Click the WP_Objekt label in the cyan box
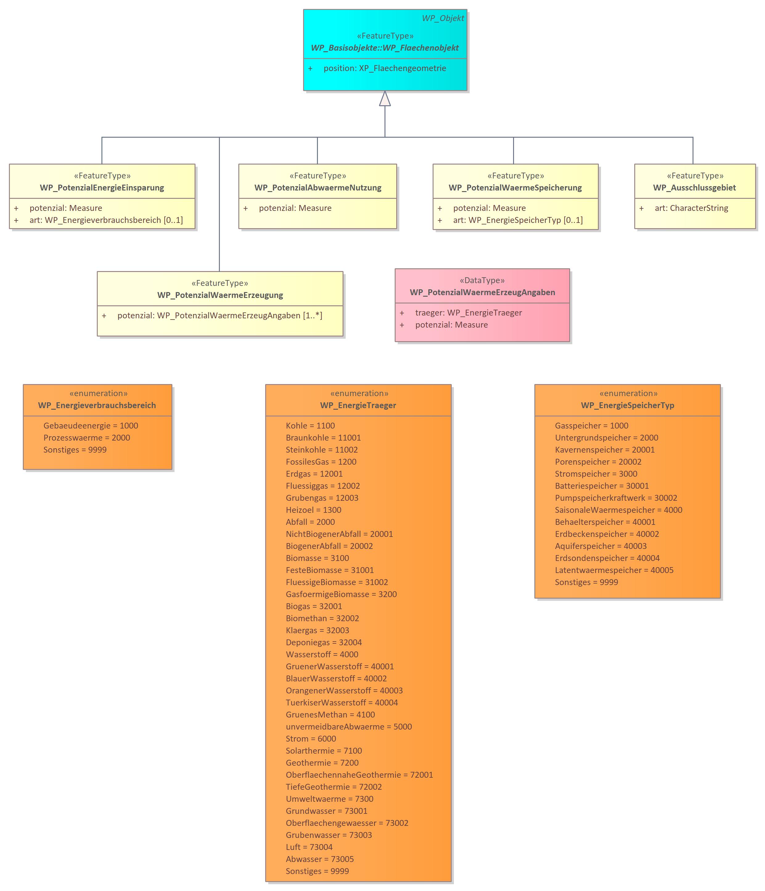(x=442, y=18)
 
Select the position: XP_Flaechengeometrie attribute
(x=385, y=68)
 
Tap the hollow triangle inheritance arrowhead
(x=385, y=98)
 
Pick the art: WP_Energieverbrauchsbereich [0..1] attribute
(x=106, y=220)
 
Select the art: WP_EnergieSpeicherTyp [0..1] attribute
(x=518, y=220)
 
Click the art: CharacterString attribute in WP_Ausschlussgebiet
(x=691, y=208)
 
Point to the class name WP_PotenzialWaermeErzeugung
(x=220, y=295)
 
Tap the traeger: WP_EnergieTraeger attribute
(x=468, y=313)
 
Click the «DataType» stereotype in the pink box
(x=482, y=280)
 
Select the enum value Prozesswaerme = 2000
(x=87, y=438)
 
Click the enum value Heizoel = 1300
(x=314, y=510)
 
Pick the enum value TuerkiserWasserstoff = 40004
(x=341, y=703)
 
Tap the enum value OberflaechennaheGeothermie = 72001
(x=359, y=775)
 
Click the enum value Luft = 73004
(x=309, y=847)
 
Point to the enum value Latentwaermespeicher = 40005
(x=614, y=570)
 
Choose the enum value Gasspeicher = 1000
(x=591, y=426)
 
